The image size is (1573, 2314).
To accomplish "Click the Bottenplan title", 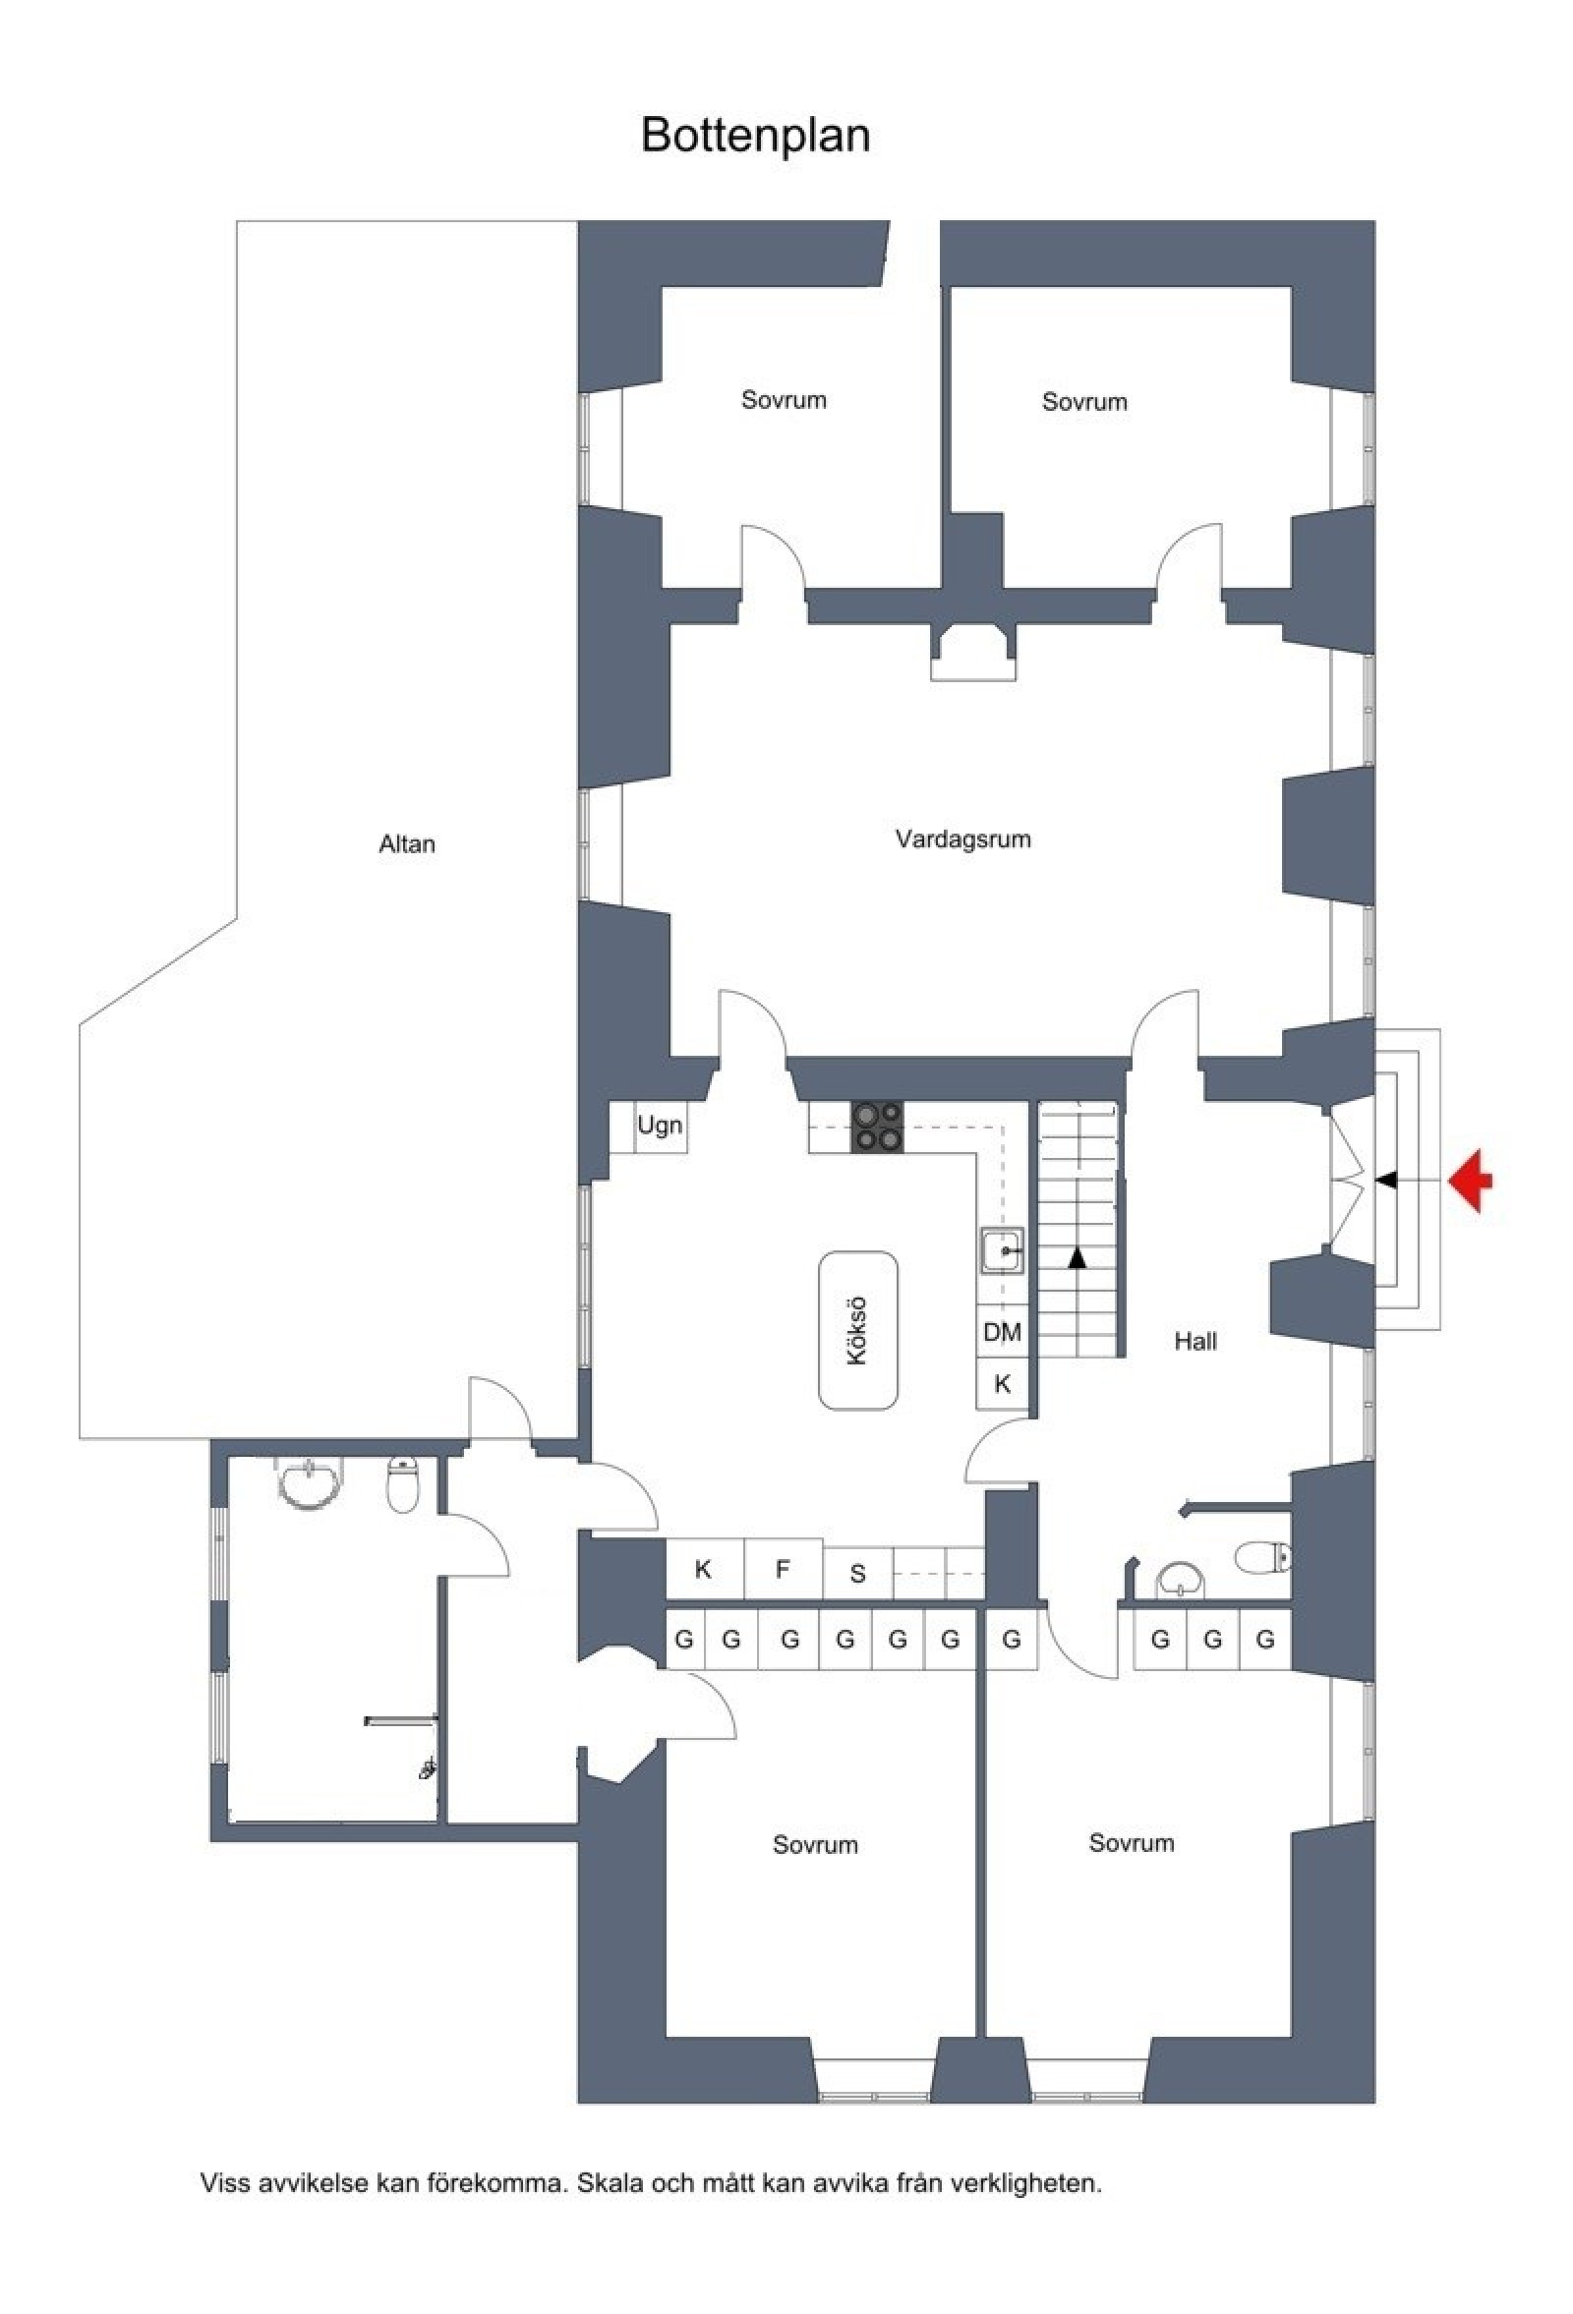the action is (x=756, y=135).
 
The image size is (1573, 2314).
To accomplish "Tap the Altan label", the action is (x=407, y=844).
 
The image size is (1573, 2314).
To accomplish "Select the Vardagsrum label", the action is (x=962, y=839).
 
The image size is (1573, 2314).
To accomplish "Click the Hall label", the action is (x=1194, y=1341).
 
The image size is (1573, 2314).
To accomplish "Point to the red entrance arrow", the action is (x=1471, y=1181).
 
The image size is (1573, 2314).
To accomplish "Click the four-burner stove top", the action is (x=877, y=1128).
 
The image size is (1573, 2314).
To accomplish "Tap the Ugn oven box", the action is (x=660, y=1128).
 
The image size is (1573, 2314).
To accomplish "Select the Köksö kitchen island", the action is (x=858, y=1330).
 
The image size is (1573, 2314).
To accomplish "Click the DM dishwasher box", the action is (x=1003, y=1332).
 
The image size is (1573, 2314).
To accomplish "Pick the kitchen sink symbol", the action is (x=1002, y=1250).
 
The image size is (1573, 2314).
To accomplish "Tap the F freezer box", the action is (x=784, y=1570).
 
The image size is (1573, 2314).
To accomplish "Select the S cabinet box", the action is (x=858, y=1574).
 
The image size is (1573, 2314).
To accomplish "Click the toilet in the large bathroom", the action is (x=401, y=1484).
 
